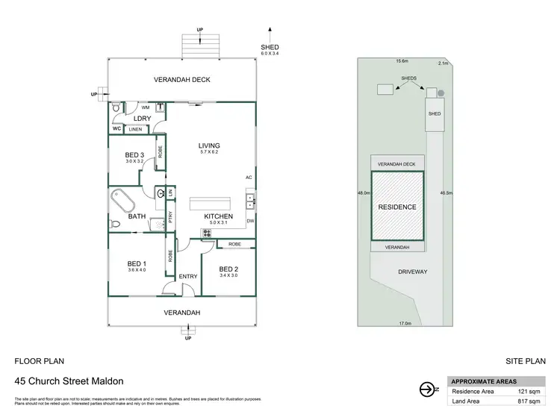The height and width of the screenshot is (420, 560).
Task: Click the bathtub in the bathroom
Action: pos(122,202)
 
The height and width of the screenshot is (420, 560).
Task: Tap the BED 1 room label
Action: pos(137,263)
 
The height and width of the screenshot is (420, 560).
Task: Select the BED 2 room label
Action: pos(229,269)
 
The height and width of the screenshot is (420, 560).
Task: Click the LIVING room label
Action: pos(208,145)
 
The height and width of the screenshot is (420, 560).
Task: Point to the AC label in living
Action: pos(249,177)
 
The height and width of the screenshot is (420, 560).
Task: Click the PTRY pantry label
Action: pos(171,219)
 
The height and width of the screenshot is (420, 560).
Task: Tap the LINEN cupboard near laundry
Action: pos(135,130)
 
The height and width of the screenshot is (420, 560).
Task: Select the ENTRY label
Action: pos(188,277)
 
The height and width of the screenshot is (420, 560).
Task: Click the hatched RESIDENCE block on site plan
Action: pos(397,206)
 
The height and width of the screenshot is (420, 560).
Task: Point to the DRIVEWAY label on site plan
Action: pos(412,272)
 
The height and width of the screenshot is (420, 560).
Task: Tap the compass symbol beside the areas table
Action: pos(427,389)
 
